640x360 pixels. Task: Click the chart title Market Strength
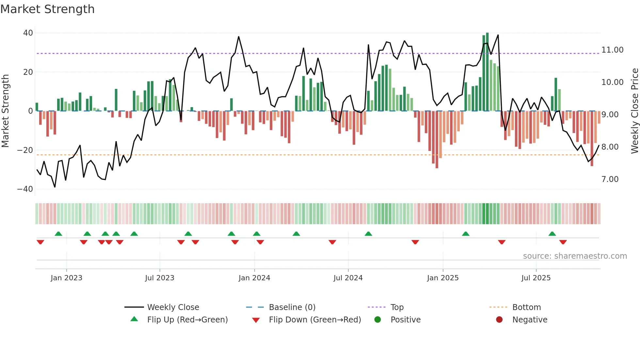47,9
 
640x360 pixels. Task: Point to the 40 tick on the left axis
28,33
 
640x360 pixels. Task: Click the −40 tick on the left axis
25,189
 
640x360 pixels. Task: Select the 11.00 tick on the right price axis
612,50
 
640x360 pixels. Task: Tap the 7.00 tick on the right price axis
610,179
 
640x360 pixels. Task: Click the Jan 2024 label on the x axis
254,278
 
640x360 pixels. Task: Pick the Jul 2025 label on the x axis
536,278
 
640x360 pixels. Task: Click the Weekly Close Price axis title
634,111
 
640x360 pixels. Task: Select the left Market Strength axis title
6,111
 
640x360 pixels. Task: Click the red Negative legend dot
499,320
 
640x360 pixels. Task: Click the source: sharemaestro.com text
575,256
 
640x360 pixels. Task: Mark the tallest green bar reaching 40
487,72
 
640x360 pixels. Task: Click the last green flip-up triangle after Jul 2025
552,234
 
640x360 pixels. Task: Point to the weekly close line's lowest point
55,187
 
